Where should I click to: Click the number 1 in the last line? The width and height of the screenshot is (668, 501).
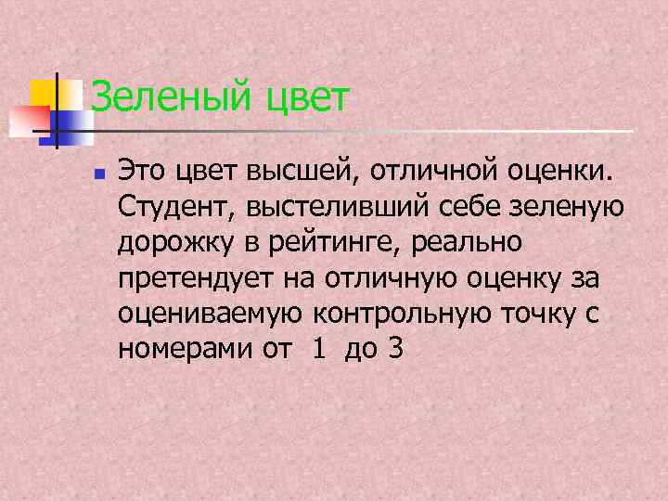point(320,350)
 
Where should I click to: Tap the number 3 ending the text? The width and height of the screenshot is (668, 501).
point(396,350)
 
